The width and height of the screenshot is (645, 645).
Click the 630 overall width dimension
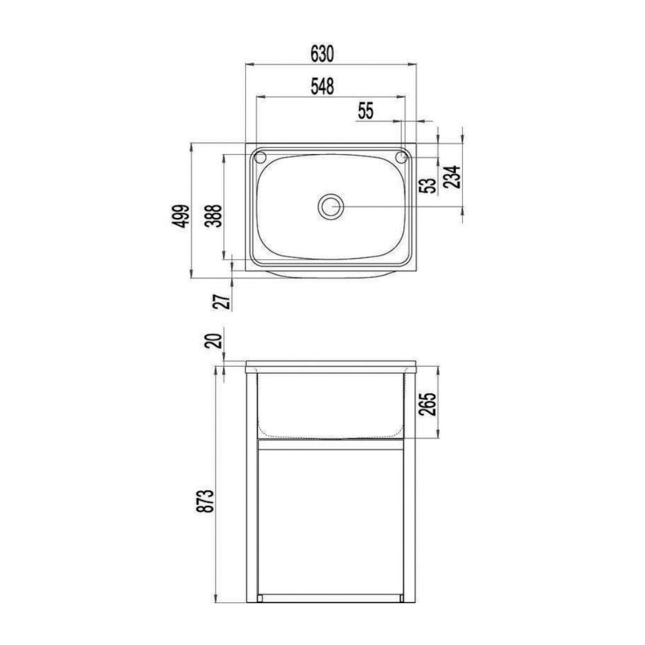coord(321,54)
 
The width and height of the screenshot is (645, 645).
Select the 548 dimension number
coord(321,87)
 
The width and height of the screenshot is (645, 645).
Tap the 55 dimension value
coord(365,110)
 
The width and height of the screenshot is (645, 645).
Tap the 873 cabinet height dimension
coord(206,500)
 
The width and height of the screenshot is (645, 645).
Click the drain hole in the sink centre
coord(330,207)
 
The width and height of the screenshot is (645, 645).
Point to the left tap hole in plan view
coord(260,158)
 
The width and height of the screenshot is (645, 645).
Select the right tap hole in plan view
coord(401,158)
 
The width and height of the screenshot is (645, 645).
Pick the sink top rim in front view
coord(330,364)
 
